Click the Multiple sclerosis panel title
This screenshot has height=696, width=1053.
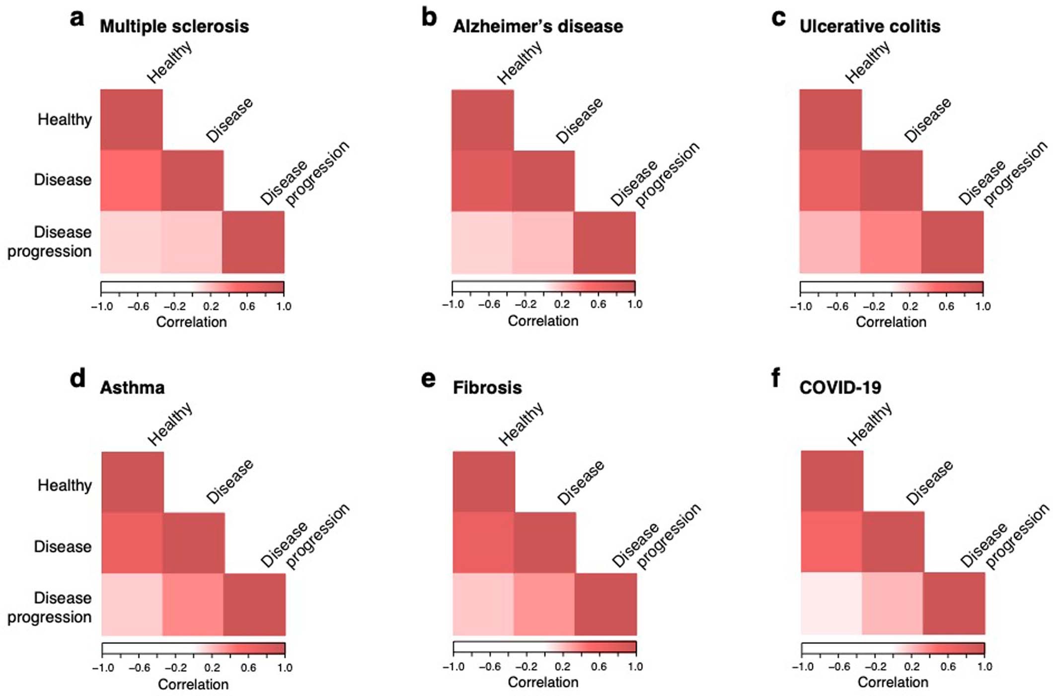[174, 26]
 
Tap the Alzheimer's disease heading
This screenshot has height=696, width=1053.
[538, 26]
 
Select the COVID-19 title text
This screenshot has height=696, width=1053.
[840, 388]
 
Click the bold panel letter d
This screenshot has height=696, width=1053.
[77, 379]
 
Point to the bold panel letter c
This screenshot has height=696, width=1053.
[778, 18]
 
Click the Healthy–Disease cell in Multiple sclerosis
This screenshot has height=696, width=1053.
[131, 180]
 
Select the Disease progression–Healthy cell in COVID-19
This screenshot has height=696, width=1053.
[831, 604]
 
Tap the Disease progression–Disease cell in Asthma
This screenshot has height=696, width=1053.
[193, 605]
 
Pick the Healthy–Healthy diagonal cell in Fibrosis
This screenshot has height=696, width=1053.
[483, 482]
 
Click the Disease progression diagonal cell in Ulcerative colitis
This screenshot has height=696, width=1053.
[953, 242]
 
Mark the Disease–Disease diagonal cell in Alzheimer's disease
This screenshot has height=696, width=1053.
[544, 181]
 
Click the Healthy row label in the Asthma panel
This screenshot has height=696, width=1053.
[65, 485]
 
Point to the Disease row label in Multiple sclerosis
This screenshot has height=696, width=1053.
[63, 180]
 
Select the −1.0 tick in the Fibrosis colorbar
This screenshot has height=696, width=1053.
[453, 667]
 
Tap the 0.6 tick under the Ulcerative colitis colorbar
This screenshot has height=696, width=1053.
[946, 306]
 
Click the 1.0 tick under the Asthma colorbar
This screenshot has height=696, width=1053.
[285, 668]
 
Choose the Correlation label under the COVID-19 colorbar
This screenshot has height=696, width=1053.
[893, 683]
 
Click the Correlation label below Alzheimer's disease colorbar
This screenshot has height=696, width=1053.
[543, 321]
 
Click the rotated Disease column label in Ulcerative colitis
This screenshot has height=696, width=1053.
[927, 120]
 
